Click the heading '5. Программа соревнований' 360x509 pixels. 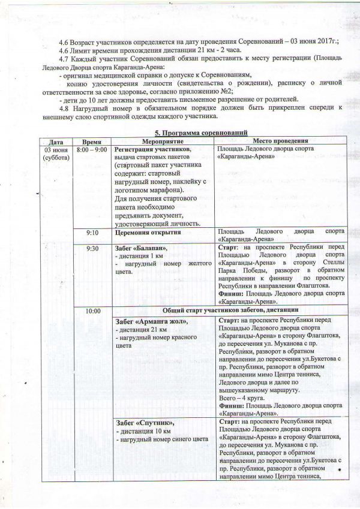pyautogui.click(x=199, y=132)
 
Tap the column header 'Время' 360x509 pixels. pyautogui.click(x=92, y=140)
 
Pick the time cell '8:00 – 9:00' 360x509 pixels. pyautogui.click(x=92, y=149)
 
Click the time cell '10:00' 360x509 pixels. pyautogui.click(x=92, y=311)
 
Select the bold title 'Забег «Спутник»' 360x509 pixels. pyautogui.click(x=144, y=423)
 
